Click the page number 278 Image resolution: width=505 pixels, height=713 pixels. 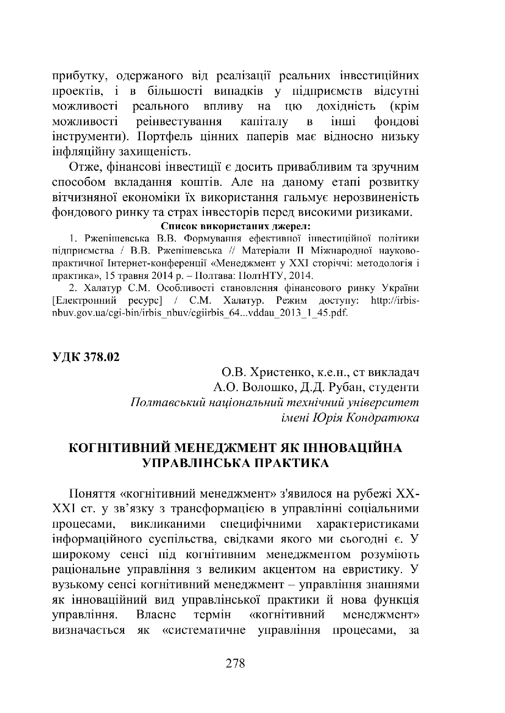[235, 663]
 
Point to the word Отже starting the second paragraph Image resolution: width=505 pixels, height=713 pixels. [83, 167]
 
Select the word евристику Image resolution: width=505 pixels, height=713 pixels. [368, 569]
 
